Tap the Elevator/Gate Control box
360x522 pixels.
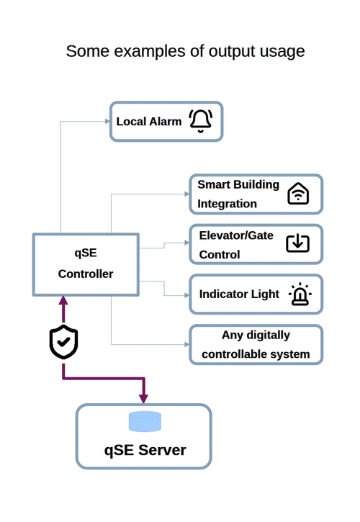point(256,244)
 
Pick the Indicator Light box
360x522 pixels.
point(256,294)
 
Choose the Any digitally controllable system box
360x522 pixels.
point(256,345)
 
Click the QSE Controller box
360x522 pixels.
point(85,264)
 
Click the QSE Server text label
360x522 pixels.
point(145,451)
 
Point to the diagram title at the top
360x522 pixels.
point(186,51)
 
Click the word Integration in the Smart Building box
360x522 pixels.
point(228,204)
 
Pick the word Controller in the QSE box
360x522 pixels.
point(85,274)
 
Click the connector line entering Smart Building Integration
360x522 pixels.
point(151,192)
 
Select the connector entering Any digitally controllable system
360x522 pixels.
point(151,343)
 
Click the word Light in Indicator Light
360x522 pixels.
point(262,294)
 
